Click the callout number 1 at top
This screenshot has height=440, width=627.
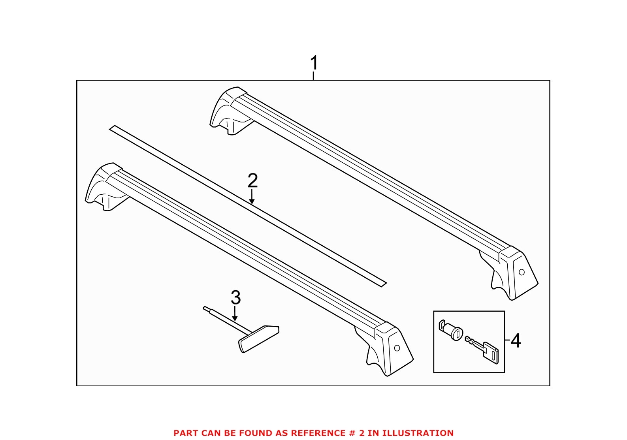click(x=314, y=63)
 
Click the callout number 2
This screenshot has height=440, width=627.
click(x=252, y=181)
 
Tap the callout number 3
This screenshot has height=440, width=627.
click(x=235, y=297)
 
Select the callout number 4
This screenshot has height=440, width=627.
click(x=516, y=340)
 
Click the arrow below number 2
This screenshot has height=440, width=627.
click(x=252, y=197)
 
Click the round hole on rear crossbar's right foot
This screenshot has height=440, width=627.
click(x=522, y=272)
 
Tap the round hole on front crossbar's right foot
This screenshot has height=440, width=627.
click(x=397, y=348)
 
